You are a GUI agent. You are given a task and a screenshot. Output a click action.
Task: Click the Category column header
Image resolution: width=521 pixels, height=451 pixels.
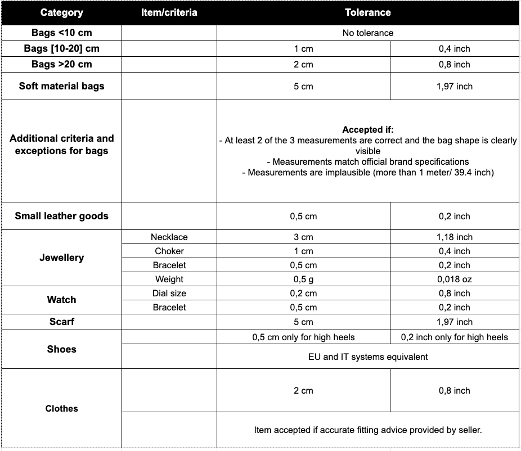click(61, 12)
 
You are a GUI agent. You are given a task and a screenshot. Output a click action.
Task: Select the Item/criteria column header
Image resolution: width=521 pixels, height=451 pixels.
click(169, 12)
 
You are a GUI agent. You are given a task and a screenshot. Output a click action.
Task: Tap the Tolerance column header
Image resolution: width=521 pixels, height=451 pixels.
click(367, 12)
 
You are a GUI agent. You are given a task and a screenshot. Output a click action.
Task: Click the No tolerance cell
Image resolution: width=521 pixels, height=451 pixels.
click(367, 33)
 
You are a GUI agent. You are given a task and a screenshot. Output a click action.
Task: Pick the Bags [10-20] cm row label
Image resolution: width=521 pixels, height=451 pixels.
click(61, 48)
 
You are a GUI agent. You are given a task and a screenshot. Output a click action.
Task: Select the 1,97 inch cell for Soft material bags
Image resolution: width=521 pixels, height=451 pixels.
click(454, 87)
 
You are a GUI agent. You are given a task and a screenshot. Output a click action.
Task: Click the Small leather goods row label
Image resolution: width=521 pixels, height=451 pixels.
click(61, 216)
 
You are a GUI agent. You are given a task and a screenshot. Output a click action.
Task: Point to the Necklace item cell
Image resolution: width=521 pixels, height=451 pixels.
click(169, 237)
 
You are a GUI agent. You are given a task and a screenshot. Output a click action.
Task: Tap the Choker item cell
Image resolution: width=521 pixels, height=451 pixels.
click(169, 251)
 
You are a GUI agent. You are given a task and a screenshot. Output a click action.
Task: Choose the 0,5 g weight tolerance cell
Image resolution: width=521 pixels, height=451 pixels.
click(303, 279)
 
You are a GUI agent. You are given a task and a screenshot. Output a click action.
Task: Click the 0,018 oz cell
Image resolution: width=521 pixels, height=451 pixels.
click(454, 279)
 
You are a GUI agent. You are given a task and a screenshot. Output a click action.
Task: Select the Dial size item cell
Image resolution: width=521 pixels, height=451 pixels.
click(169, 294)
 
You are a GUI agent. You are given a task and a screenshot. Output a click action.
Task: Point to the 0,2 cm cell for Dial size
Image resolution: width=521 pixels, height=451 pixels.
click(303, 294)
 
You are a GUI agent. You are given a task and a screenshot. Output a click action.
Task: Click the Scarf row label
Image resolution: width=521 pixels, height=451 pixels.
click(61, 322)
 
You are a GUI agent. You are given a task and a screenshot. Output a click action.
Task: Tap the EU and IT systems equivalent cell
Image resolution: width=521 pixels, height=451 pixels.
click(367, 357)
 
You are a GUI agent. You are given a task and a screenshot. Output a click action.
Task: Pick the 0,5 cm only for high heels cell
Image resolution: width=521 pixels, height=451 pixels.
click(303, 337)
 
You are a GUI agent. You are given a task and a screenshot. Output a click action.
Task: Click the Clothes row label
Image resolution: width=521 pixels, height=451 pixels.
click(61, 409)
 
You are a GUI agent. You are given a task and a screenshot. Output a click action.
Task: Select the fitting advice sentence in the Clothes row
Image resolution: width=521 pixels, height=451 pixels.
click(367, 430)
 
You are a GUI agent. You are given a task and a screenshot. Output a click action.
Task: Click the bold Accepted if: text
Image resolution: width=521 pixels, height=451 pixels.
click(367, 130)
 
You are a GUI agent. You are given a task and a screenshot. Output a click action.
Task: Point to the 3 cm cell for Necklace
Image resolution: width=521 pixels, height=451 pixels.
click(303, 237)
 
